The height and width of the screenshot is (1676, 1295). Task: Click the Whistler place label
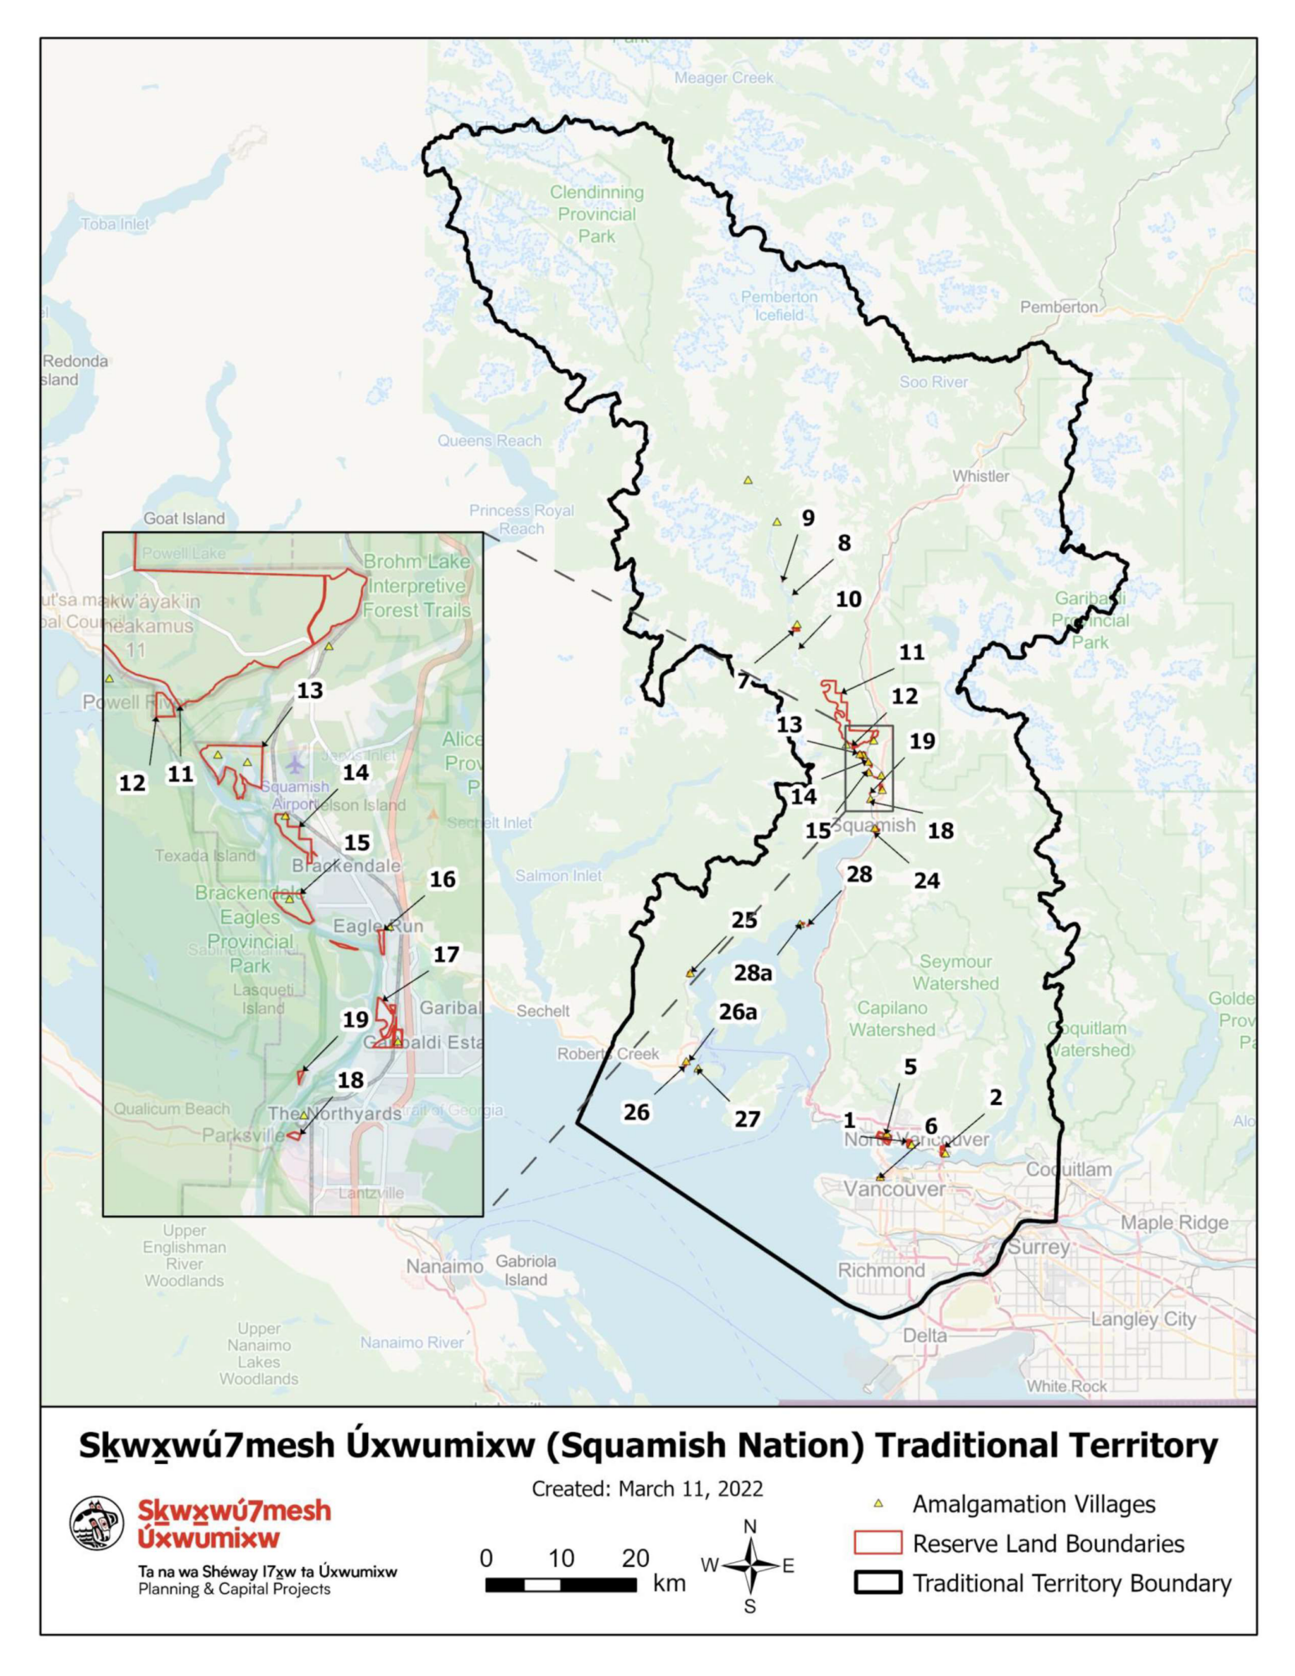(x=980, y=476)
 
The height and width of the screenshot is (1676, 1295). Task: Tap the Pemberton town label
(x=1058, y=307)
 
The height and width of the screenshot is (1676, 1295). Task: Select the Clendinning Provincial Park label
(x=596, y=214)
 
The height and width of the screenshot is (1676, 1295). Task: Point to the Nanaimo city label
(x=444, y=1265)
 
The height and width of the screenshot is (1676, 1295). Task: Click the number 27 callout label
(x=747, y=1119)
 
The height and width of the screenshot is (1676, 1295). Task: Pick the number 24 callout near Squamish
(x=926, y=880)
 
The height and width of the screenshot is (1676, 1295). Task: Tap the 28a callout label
(x=753, y=972)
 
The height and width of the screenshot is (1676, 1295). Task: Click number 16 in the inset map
(x=442, y=879)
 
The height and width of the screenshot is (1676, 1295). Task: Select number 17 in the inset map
(x=446, y=954)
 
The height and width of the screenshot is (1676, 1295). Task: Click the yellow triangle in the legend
(x=878, y=1503)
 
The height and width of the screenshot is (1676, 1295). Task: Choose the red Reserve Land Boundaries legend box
(x=878, y=1543)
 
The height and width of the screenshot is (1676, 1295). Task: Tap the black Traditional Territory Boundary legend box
(x=878, y=1582)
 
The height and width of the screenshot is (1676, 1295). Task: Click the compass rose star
(x=751, y=1565)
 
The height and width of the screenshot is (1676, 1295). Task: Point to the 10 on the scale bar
(x=561, y=1558)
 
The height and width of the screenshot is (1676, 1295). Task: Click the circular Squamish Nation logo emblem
(x=96, y=1523)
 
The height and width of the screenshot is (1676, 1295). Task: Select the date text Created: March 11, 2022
(x=647, y=1488)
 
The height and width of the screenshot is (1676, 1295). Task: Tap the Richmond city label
(x=881, y=1270)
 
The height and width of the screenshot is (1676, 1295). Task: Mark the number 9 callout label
(x=807, y=518)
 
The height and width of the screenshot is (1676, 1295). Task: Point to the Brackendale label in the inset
(x=345, y=865)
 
